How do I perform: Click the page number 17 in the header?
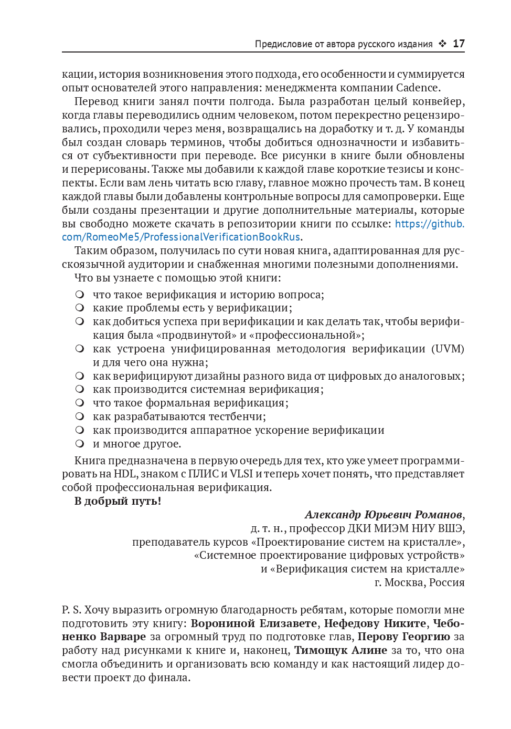(x=459, y=44)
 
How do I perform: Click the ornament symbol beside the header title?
(x=442, y=44)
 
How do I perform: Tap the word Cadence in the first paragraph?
(x=417, y=88)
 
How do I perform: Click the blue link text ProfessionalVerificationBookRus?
(x=222, y=237)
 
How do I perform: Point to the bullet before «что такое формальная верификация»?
(x=80, y=403)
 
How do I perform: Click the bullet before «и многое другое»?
(x=80, y=444)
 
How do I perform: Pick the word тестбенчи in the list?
(x=237, y=416)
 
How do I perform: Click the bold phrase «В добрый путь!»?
(x=118, y=501)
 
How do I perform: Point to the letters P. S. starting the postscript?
(x=71, y=610)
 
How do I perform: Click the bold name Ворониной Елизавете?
(x=254, y=623)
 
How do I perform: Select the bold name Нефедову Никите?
(x=375, y=623)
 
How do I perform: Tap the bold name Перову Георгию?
(x=403, y=637)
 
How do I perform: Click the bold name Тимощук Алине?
(x=340, y=650)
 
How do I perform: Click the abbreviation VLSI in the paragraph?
(x=241, y=474)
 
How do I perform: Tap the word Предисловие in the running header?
(x=283, y=44)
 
